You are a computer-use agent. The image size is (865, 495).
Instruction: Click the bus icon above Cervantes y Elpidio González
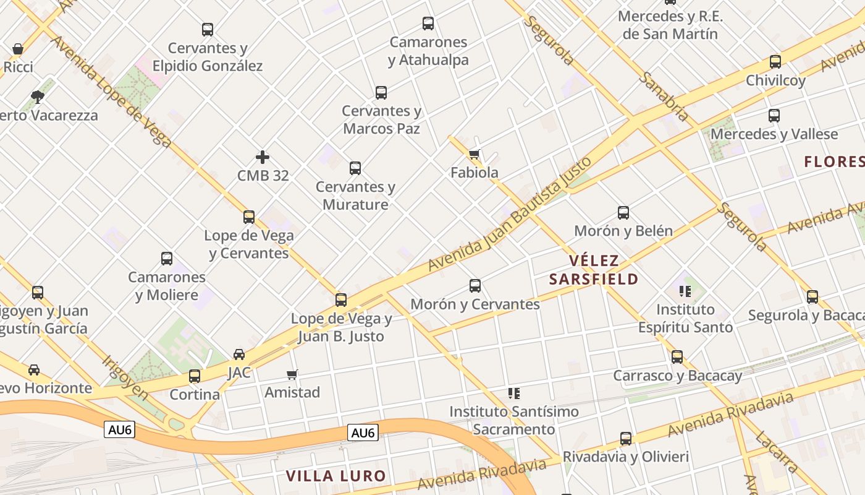click(x=208, y=29)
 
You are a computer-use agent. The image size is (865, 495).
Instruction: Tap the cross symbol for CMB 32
click(x=263, y=157)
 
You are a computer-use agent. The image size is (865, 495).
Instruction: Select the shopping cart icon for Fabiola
click(x=474, y=154)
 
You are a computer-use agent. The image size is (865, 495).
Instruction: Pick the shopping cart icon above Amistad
click(x=292, y=374)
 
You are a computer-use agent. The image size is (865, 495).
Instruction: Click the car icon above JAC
click(x=239, y=355)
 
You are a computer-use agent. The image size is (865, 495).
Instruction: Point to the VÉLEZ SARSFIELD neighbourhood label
click(x=593, y=270)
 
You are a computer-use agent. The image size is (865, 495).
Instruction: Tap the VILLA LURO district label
click(x=336, y=476)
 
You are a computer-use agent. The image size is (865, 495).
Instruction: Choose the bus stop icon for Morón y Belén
click(x=623, y=213)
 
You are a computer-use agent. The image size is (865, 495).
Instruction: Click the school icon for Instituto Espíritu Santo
click(x=685, y=291)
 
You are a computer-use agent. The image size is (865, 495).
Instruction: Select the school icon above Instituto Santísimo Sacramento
click(x=513, y=393)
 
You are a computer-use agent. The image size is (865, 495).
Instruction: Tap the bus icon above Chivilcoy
click(x=775, y=62)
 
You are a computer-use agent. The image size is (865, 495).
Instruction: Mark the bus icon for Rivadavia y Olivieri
click(x=626, y=439)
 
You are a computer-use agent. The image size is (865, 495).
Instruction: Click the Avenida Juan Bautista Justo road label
click(x=510, y=213)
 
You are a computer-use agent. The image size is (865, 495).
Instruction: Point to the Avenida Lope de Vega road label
click(x=111, y=92)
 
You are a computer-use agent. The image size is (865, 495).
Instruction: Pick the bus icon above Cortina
click(x=195, y=376)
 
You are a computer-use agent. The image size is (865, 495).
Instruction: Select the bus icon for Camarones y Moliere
click(x=167, y=259)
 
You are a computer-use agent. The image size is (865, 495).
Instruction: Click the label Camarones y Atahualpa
click(x=428, y=51)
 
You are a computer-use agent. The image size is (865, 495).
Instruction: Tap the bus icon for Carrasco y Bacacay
click(x=677, y=357)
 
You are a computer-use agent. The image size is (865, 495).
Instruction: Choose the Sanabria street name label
click(x=664, y=96)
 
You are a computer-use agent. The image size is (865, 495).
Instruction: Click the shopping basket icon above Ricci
click(x=18, y=49)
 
